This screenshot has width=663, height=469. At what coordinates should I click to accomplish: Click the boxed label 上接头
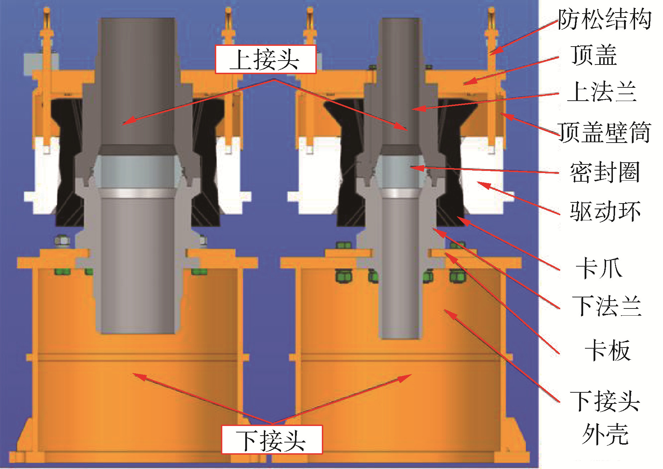265,59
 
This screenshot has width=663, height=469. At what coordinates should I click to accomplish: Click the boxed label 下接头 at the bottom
272,440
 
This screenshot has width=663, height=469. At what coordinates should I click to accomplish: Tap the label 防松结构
604,19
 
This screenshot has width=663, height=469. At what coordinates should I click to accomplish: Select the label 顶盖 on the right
594,56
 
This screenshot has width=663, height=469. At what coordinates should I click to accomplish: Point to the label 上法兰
602,92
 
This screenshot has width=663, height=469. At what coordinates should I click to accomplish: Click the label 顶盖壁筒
604,133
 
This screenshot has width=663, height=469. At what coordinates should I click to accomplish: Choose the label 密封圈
605,172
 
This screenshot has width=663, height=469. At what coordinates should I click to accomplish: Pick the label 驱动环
605,211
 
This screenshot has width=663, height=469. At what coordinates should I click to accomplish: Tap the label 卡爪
599,268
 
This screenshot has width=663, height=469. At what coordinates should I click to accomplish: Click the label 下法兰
606,306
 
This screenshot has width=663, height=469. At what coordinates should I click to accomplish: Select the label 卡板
608,350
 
